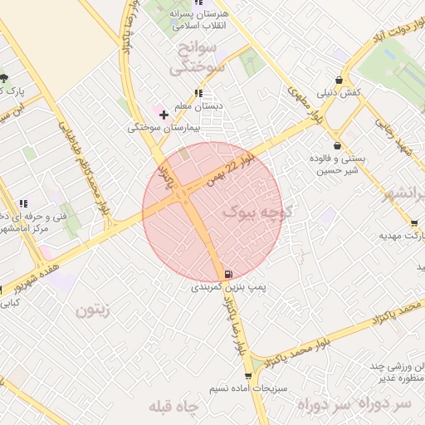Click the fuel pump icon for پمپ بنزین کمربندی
click(227, 274)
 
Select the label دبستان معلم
click(198, 105)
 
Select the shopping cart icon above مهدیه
click(414, 223)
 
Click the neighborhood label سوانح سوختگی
click(197, 58)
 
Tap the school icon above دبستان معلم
click(198, 93)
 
